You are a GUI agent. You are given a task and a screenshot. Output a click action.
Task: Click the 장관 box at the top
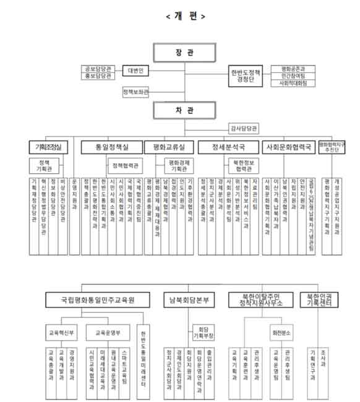pos(185,53)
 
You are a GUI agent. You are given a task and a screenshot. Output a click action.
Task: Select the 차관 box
pos(185,110)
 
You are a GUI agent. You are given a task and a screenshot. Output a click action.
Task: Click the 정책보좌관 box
pos(135,92)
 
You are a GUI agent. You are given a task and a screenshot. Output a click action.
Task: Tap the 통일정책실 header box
pos(109,148)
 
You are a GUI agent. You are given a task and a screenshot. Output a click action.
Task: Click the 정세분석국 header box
pos(226,148)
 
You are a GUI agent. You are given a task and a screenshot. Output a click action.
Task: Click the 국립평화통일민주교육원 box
pos(98,299)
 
